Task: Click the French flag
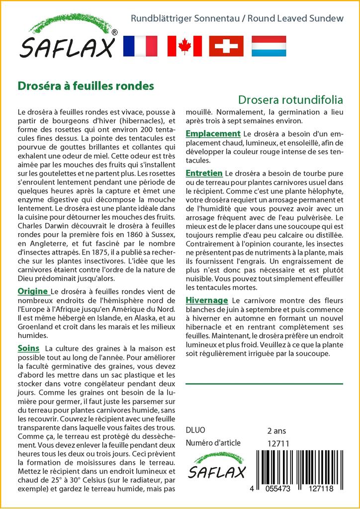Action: pyautogui.click(x=140, y=46)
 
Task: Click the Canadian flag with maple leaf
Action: pyautogui.click(x=184, y=46)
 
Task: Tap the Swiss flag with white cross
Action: pyautogui.click(x=227, y=46)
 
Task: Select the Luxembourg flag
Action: pyautogui.click(x=269, y=46)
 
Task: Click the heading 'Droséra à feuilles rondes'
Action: pyautogui.click(x=86, y=85)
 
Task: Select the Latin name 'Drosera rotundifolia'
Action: pyautogui.click(x=290, y=99)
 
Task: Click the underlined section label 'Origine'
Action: pyautogui.click(x=33, y=291)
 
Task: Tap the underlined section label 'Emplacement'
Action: pyautogui.click(x=213, y=134)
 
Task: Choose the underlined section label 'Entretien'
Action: pyautogui.click(x=204, y=173)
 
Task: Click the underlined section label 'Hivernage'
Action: pyautogui.click(x=207, y=300)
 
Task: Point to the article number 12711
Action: pyautogui.click(x=278, y=443)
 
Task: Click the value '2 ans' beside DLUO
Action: pyautogui.click(x=276, y=430)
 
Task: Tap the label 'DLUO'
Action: pyautogui.click(x=195, y=430)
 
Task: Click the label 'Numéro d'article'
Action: pyautogui.click(x=213, y=443)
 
